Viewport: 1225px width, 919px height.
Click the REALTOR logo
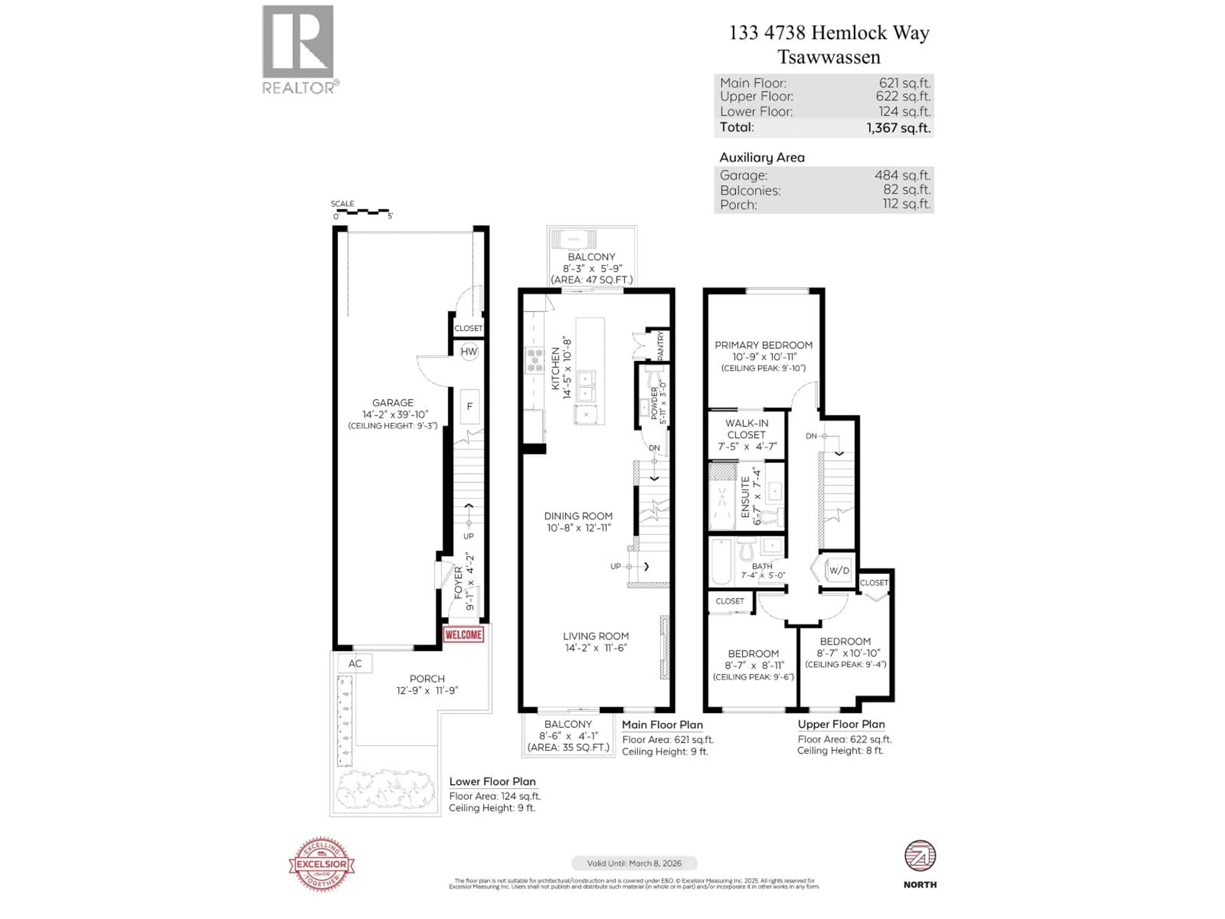click(x=298, y=49)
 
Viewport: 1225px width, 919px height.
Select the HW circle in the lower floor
click(x=469, y=351)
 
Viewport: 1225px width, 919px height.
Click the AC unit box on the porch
click(x=355, y=663)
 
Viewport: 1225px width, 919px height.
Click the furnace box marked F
click(x=470, y=406)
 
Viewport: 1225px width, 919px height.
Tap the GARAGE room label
click(x=393, y=403)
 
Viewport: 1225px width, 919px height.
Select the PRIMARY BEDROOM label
click(x=763, y=345)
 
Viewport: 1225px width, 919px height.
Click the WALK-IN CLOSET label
click(x=746, y=429)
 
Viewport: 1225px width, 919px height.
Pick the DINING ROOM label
click(x=578, y=516)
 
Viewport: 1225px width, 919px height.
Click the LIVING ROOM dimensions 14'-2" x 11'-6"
click(x=595, y=647)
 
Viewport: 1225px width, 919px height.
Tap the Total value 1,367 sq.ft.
click(x=898, y=128)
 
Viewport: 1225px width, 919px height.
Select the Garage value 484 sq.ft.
click(x=902, y=175)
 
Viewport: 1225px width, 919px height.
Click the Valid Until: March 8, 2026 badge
click(x=634, y=863)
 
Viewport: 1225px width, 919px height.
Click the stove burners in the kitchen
click(x=534, y=360)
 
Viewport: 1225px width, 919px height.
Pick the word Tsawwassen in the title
click(x=828, y=57)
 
